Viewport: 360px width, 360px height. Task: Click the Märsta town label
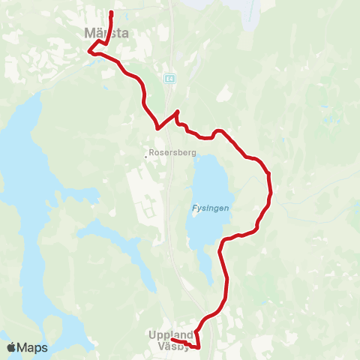(x=108, y=33)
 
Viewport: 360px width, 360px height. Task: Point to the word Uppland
(x=171, y=335)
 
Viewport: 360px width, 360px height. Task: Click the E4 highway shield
(x=171, y=78)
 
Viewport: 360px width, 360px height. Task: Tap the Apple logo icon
(x=11, y=348)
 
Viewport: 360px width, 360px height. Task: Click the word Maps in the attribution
(x=32, y=348)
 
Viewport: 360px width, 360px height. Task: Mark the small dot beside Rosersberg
(x=147, y=157)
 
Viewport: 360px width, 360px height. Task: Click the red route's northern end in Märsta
(x=111, y=13)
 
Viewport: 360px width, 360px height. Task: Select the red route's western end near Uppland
(x=172, y=340)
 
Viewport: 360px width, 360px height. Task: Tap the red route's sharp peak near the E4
(x=177, y=112)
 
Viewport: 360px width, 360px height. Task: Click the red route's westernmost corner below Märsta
(x=89, y=52)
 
